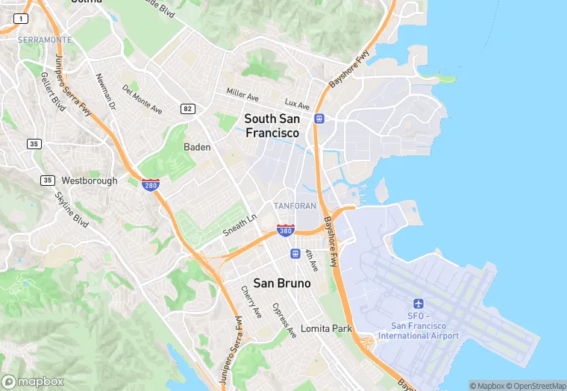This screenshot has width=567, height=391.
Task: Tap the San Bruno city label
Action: [x=282, y=283]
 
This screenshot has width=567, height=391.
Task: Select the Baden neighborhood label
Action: [x=197, y=147]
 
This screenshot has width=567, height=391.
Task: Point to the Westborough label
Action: [x=90, y=181]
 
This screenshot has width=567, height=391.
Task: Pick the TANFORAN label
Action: [x=295, y=205]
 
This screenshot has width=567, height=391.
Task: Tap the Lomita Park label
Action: [x=325, y=328]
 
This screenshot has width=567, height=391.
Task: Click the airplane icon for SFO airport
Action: [x=418, y=304]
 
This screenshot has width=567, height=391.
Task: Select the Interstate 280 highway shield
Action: [x=151, y=184]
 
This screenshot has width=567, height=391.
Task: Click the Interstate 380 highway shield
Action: [x=285, y=230]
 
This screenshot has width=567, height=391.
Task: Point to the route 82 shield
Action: [x=187, y=109]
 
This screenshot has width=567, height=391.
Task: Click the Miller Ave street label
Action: [x=242, y=95]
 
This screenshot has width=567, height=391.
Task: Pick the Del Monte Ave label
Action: [x=142, y=99]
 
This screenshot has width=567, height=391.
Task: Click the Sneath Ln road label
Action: [x=239, y=226]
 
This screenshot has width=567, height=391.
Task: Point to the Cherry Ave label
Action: [x=251, y=301]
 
